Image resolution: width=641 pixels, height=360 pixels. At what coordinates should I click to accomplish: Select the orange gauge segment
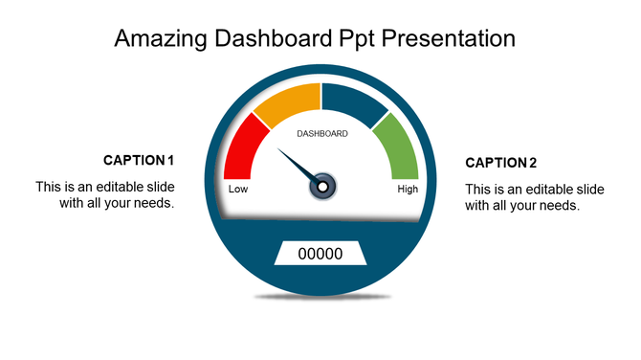[x=285, y=104]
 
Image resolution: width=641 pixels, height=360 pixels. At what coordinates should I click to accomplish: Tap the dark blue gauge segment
[x=353, y=101]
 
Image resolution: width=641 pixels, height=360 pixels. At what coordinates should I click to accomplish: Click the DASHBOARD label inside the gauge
[x=322, y=133]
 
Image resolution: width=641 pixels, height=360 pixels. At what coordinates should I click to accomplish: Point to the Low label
[x=238, y=189]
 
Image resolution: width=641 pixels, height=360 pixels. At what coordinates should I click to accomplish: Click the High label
[x=408, y=189]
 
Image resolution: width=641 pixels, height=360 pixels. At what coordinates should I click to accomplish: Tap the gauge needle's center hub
[x=323, y=184]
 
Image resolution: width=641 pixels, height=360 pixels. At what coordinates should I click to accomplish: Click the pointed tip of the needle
[x=278, y=149]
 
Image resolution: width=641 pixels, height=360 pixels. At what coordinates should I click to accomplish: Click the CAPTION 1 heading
[x=139, y=160]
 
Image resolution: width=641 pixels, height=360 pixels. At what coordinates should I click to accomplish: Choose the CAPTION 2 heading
[x=500, y=162]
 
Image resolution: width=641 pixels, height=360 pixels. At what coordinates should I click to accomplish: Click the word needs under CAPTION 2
[x=558, y=205]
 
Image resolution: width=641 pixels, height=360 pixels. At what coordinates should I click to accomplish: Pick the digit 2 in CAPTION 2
[x=533, y=162]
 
